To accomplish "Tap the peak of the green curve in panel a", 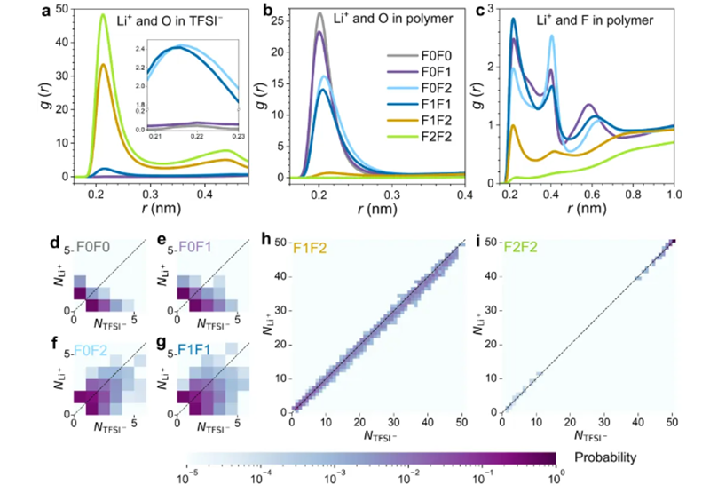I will tap(103, 15).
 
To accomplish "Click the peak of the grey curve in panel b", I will tap(319, 13).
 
